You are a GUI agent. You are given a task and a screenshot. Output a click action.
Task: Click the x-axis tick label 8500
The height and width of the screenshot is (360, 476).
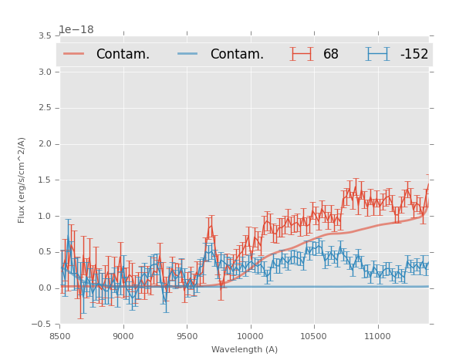(x=59, y=336)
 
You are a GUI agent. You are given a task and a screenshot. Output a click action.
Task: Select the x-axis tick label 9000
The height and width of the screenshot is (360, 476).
(x=123, y=336)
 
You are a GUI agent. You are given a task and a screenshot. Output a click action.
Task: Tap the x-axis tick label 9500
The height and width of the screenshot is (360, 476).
(x=187, y=336)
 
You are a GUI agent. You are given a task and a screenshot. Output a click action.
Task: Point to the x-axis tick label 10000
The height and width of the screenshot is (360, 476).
(x=250, y=336)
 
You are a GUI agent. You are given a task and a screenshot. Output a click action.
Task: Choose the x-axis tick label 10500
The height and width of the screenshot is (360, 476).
(x=314, y=336)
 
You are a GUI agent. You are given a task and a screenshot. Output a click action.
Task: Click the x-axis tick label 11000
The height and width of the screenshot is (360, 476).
(x=377, y=336)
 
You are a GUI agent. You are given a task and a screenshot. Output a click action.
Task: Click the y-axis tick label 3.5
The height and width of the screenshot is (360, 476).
(x=44, y=36)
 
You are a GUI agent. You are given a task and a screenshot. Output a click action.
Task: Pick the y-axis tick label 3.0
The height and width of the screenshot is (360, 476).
(x=44, y=72)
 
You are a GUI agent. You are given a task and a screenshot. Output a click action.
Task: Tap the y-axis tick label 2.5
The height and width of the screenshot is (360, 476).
(x=44, y=108)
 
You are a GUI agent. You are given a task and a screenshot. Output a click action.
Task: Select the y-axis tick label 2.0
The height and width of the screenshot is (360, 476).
(x=44, y=144)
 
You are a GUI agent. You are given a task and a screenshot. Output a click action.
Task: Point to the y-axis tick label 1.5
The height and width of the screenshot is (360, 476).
(x=44, y=180)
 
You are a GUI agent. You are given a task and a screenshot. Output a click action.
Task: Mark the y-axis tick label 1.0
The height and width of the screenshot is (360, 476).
(x=44, y=217)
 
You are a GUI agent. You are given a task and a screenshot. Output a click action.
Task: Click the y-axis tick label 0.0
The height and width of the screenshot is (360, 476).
(x=44, y=288)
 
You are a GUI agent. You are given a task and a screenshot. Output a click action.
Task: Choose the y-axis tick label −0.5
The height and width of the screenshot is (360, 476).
(x=42, y=325)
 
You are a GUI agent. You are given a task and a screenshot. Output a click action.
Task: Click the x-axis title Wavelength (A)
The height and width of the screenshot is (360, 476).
(x=245, y=350)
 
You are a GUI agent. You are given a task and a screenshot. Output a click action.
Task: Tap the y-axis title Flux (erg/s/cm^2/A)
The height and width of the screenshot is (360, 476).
(x=22, y=180)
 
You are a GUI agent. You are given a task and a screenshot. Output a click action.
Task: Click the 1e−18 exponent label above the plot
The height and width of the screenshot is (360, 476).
(x=76, y=30)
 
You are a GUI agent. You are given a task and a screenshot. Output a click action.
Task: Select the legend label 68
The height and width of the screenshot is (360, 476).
(x=331, y=55)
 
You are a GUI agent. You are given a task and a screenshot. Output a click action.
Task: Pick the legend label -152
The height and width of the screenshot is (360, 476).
(x=414, y=55)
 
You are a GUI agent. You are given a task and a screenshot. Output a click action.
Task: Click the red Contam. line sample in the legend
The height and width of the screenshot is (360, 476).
(x=74, y=54)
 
